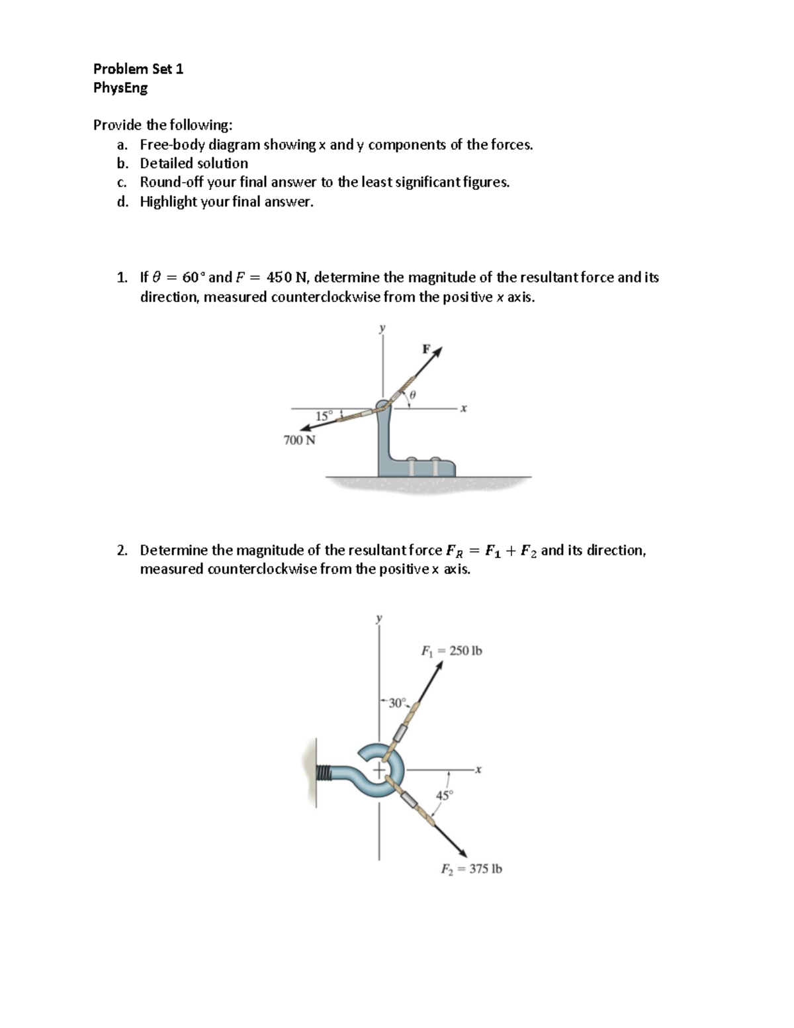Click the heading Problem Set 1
pyautogui.click(x=138, y=69)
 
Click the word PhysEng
pyautogui.click(x=120, y=88)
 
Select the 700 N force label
pyautogui.click(x=299, y=440)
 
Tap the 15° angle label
pyautogui.click(x=324, y=416)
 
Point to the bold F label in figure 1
pyautogui.click(x=426, y=348)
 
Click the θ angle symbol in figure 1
pyautogui.click(x=412, y=395)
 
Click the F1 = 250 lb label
pyautogui.click(x=452, y=651)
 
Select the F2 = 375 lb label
pyautogui.click(x=471, y=869)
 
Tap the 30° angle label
pyautogui.click(x=397, y=703)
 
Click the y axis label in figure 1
pyautogui.click(x=381, y=328)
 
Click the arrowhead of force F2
pyautogui.click(x=463, y=853)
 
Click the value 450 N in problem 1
pyautogui.click(x=283, y=277)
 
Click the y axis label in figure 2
pyautogui.click(x=379, y=618)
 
